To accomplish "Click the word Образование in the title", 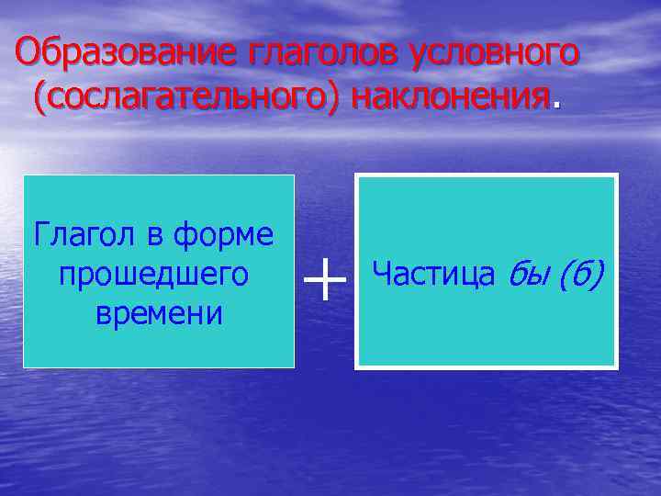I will (126, 53).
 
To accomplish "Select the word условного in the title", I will (487, 53).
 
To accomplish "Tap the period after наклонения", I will (554, 104).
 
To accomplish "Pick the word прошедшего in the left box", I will (153, 274).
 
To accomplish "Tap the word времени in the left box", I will (158, 312).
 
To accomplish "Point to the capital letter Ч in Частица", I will (381, 273).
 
